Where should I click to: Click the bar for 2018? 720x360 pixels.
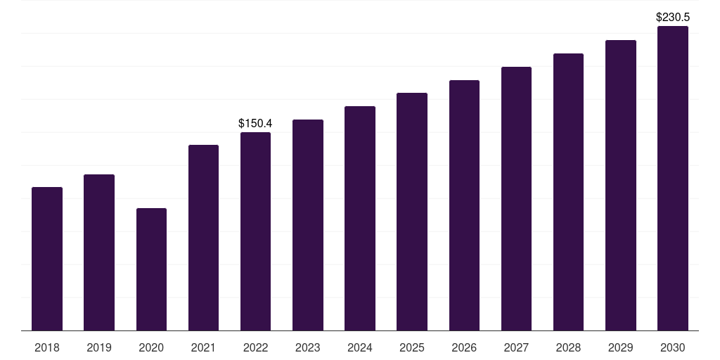(47, 259)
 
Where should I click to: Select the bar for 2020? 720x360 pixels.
(152, 269)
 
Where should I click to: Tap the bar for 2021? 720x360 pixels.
(203, 238)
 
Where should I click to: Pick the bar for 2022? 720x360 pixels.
(255, 231)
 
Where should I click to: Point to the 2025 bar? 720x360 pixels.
(412, 212)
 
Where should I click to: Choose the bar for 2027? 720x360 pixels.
(516, 199)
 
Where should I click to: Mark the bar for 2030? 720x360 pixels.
(673, 179)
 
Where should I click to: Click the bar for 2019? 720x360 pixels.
(99, 252)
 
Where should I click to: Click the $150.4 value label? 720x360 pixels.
(255, 124)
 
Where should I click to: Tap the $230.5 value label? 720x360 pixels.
(673, 18)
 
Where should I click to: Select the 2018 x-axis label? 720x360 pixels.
(47, 347)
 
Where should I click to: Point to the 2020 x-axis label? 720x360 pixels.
(151, 347)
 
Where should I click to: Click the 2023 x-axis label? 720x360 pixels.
(308, 347)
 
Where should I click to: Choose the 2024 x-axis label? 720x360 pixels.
(359, 347)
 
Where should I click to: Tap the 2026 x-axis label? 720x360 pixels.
(464, 347)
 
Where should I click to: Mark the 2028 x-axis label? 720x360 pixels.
(568, 347)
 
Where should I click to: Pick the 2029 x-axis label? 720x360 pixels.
(620, 347)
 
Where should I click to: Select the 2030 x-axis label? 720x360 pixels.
(673, 347)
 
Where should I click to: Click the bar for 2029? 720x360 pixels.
(621, 186)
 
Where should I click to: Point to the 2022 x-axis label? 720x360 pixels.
(255, 347)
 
